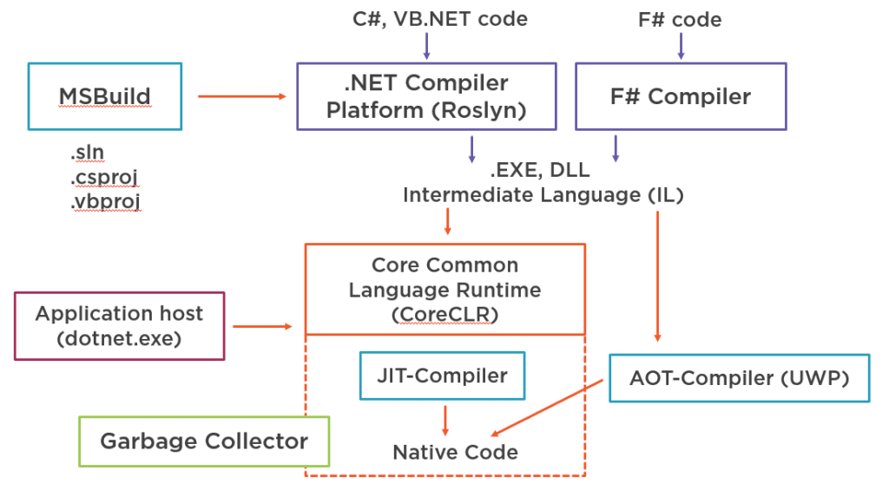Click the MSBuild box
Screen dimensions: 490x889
(104, 96)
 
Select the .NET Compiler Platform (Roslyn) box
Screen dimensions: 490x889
(426, 96)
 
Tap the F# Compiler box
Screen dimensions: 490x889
(681, 96)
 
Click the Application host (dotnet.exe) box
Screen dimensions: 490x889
(120, 326)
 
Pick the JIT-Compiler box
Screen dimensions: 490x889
(442, 376)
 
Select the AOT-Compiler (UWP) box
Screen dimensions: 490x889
(739, 377)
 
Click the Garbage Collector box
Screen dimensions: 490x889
(204, 441)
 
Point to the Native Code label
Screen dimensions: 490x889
(455, 452)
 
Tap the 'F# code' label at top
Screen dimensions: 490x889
(680, 18)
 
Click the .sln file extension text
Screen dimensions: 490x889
(88, 154)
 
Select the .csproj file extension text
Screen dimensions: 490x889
(104, 178)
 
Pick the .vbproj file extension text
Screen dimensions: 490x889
(105, 202)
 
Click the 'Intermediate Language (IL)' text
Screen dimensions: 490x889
(543, 195)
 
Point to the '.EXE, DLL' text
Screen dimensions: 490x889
(543, 171)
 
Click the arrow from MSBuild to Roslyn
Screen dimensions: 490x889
(241, 96)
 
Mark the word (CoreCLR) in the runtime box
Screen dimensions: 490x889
(444, 314)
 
